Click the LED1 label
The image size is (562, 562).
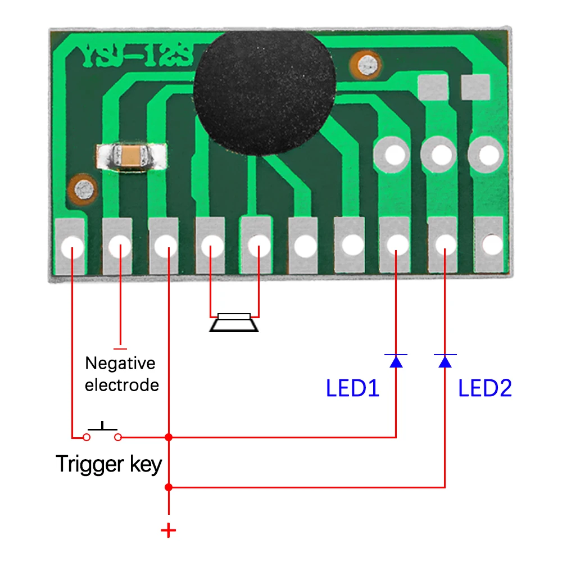click(352, 388)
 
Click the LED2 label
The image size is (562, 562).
click(485, 388)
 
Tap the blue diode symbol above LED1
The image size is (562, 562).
click(396, 360)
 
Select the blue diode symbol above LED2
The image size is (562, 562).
click(445, 360)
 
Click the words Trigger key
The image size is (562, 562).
click(108, 464)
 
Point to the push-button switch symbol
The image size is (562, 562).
click(102, 432)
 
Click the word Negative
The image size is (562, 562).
click(120, 363)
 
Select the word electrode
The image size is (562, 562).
click(121, 385)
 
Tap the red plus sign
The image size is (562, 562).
click(168, 530)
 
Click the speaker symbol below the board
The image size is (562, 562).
click(234, 322)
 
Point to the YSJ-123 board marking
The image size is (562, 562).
click(138, 56)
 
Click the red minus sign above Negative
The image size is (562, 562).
click(120, 348)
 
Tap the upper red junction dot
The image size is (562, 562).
click(168, 437)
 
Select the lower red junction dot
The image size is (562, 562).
click(168, 487)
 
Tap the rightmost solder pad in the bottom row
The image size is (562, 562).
click(490, 244)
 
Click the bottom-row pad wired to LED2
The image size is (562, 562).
click(445, 244)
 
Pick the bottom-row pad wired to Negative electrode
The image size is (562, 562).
click(119, 246)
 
